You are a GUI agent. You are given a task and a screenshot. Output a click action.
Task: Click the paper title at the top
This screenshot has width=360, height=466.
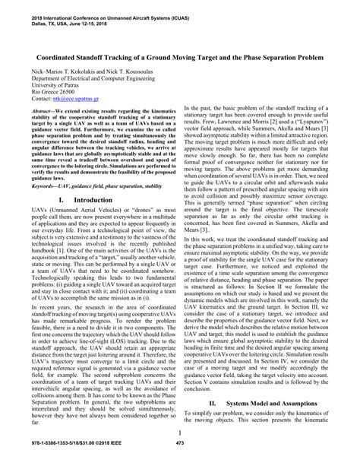[x=179, y=57]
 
